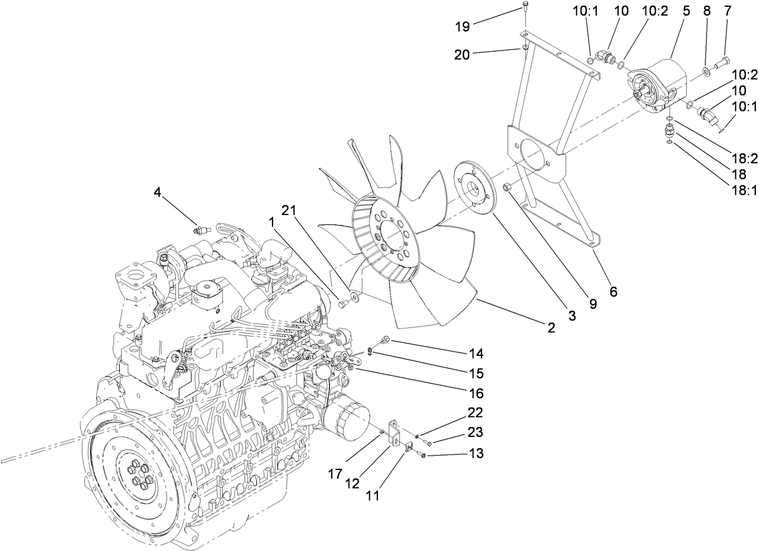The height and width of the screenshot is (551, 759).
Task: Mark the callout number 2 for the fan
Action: tap(551, 327)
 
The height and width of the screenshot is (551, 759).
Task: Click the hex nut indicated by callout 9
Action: tap(507, 186)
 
